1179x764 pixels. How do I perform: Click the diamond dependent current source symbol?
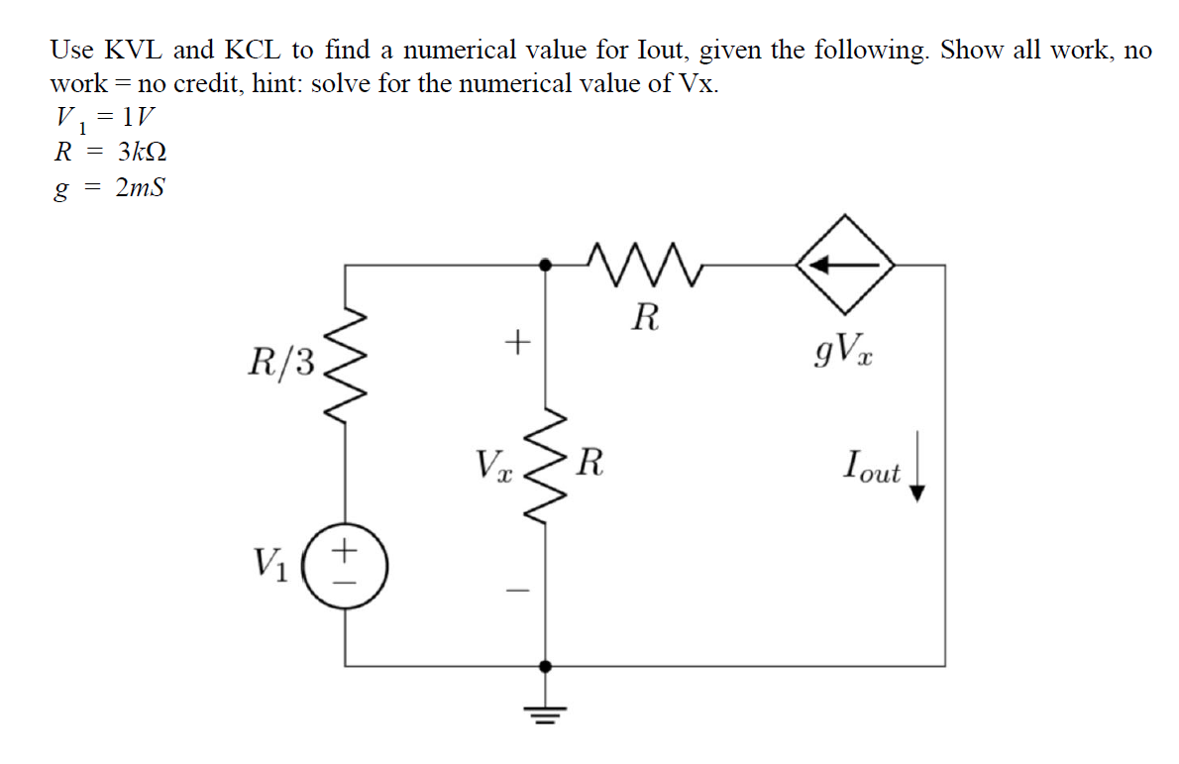pos(845,266)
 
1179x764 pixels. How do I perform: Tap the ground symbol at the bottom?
pos(544,707)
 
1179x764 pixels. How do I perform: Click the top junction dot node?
pos(544,266)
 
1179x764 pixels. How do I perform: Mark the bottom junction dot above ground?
pos(544,666)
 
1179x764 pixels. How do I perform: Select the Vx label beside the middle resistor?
pos(492,464)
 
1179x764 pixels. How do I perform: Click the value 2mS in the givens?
pos(140,188)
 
